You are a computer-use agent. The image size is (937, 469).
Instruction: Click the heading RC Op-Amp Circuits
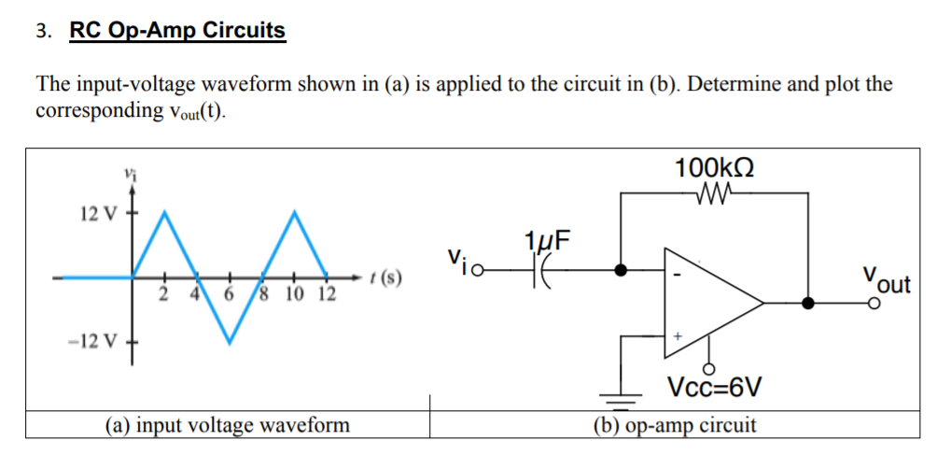(177, 30)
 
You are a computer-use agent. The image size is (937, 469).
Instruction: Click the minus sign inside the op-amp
(678, 276)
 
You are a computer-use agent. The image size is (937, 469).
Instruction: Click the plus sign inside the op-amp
(678, 334)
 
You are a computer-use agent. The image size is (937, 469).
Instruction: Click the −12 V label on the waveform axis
(93, 340)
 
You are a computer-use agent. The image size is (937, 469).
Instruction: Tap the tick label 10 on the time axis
(294, 296)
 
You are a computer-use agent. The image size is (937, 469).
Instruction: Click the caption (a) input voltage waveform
(228, 426)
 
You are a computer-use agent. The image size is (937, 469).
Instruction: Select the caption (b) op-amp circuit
(675, 426)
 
